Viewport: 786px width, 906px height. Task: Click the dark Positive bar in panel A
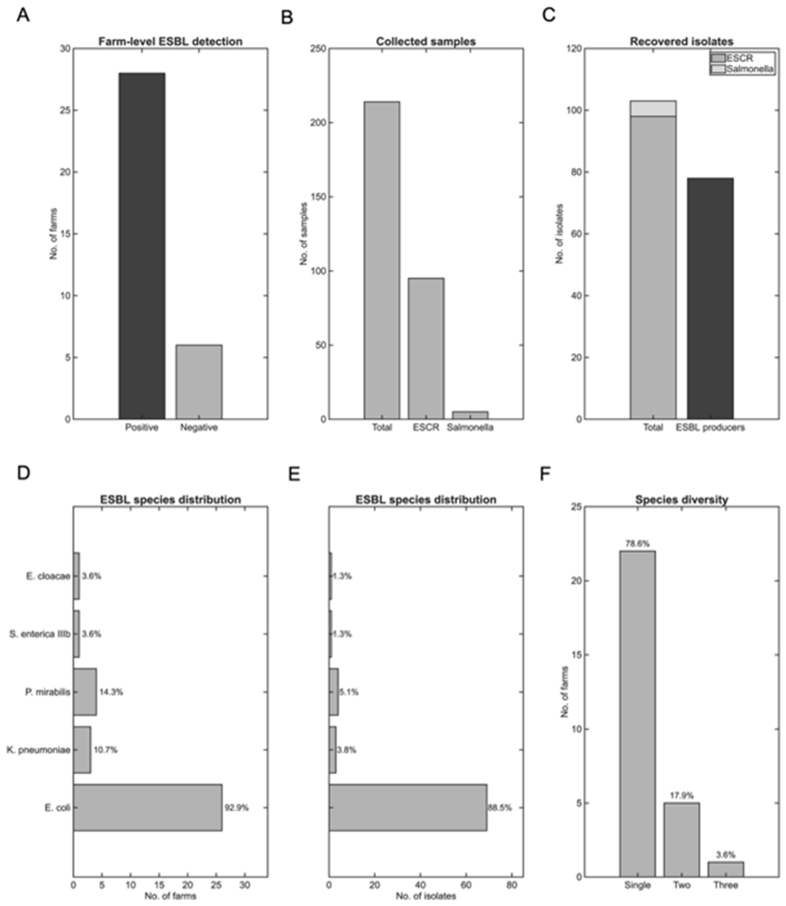click(x=142, y=246)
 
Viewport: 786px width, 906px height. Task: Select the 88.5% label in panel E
click(x=500, y=808)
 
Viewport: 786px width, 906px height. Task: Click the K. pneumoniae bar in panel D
click(x=82, y=750)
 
